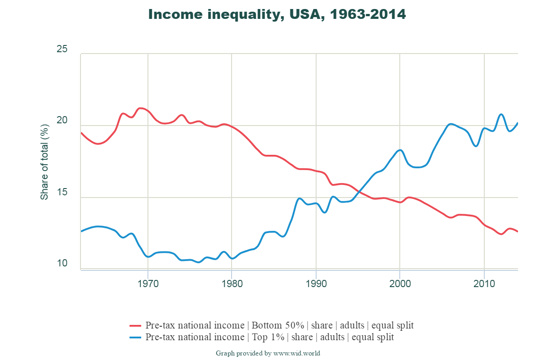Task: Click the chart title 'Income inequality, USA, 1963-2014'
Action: click(x=277, y=14)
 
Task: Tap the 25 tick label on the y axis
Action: click(x=62, y=49)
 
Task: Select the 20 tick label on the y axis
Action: click(x=62, y=121)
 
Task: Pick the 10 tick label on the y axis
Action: click(x=62, y=264)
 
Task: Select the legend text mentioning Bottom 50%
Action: click(x=279, y=325)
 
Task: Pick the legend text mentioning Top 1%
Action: click(x=270, y=337)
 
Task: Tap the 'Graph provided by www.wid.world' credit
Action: click(x=268, y=353)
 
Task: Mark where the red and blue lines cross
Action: click(x=359, y=193)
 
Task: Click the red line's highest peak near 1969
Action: click(x=140, y=108)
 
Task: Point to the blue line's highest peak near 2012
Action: click(x=501, y=114)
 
